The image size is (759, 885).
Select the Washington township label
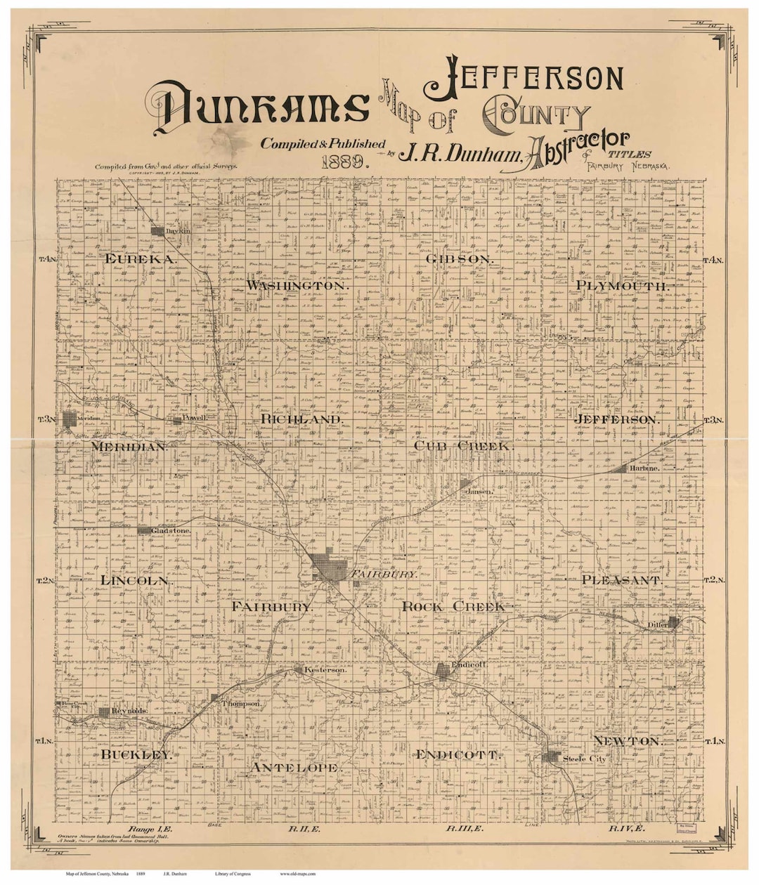point(298,286)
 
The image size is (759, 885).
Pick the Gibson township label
point(460,259)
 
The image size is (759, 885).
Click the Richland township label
point(303,419)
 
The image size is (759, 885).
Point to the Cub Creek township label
point(464,445)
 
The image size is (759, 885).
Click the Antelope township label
point(294,768)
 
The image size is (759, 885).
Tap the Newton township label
point(628,741)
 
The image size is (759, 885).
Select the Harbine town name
point(644,468)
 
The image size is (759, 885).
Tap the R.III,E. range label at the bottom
point(464,829)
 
